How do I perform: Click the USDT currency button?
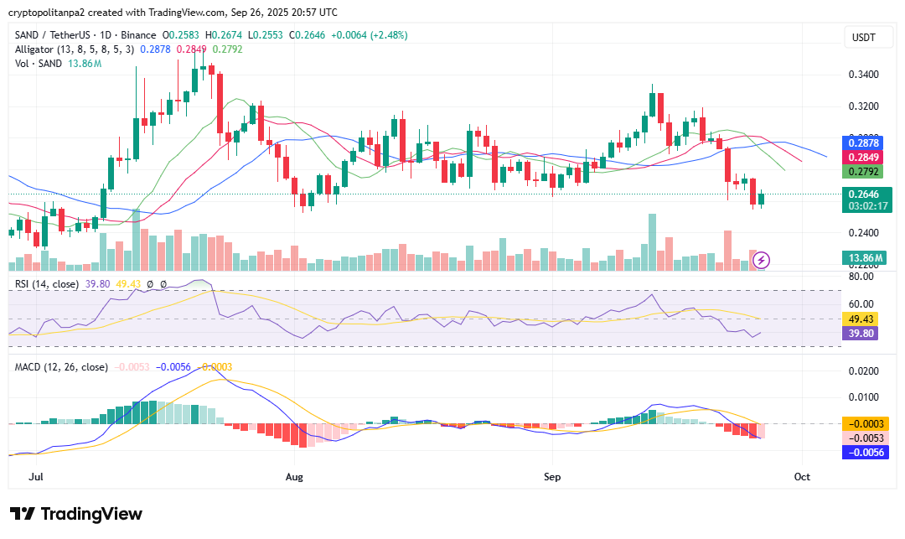[x=863, y=38]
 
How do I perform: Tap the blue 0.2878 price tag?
[x=863, y=143]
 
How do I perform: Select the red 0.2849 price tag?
[x=863, y=158]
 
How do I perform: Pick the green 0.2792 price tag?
[x=863, y=172]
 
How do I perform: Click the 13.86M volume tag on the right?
[x=863, y=258]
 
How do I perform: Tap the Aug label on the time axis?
[x=294, y=476]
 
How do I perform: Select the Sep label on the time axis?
[x=551, y=476]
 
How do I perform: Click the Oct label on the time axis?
[x=802, y=476]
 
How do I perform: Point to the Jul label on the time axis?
[x=36, y=476]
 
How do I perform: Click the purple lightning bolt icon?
[x=763, y=260]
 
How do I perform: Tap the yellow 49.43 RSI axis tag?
[x=863, y=319]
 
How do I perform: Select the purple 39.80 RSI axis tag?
[x=863, y=333]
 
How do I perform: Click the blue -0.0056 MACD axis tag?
[x=863, y=452]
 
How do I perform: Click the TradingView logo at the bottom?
[x=76, y=514]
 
